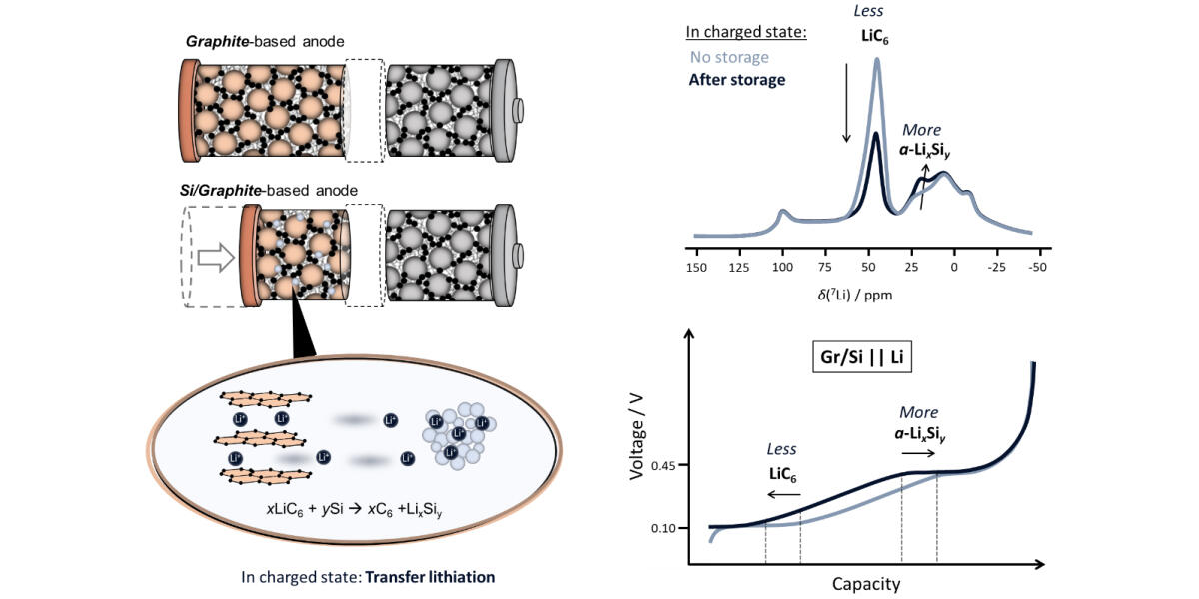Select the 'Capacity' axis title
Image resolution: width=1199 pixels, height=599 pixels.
[x=866, y=583]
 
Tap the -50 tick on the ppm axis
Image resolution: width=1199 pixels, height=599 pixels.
[x=1038, y=268]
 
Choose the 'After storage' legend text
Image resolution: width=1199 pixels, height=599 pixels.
[x=736, y=79]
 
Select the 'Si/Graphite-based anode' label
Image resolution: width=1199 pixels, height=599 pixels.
[x=271, y=190]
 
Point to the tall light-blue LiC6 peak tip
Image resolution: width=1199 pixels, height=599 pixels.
[x=877, y=59]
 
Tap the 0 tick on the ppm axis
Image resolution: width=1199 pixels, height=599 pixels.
[x=954, y=268]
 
